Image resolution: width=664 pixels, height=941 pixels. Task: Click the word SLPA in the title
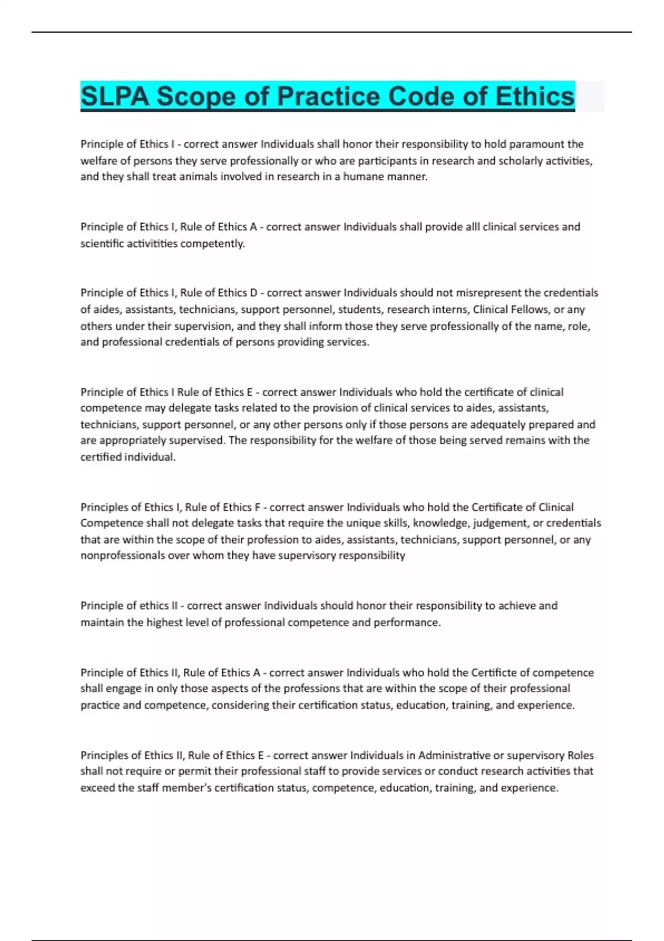tap(115, 96)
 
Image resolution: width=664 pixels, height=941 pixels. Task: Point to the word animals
tap(198, 177)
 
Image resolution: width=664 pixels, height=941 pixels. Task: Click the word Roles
tap(580, 755)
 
